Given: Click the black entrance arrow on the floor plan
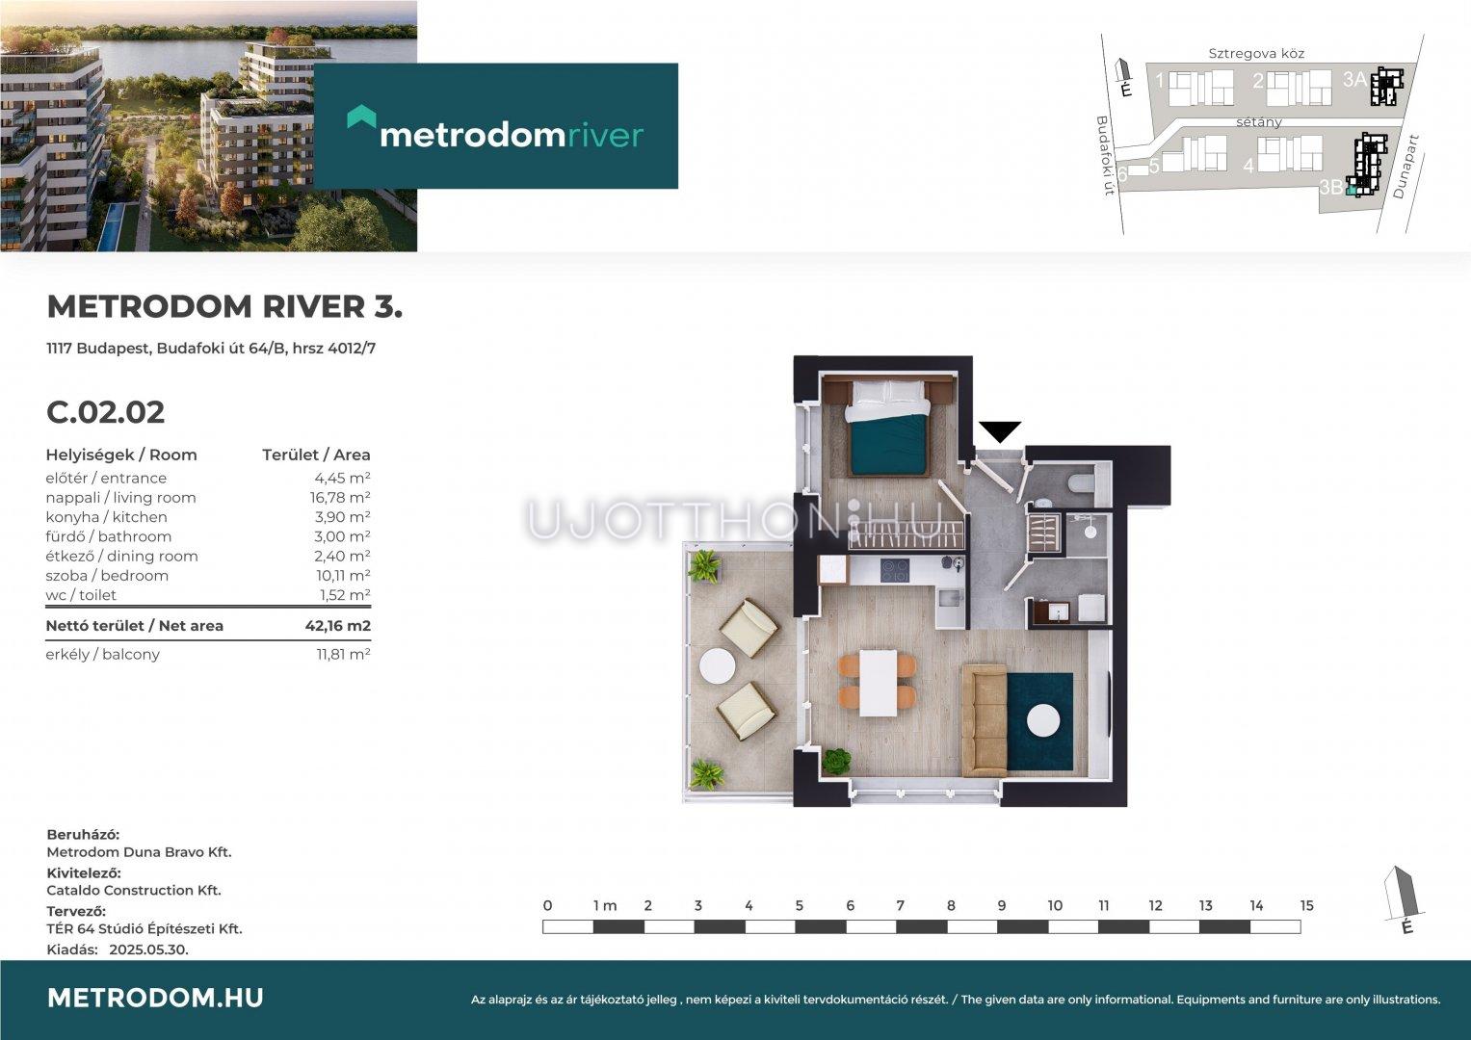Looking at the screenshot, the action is (x=1000, y=431).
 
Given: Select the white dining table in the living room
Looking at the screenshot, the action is (x=878, y=683).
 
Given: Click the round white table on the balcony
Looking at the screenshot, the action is (x=717, y=666).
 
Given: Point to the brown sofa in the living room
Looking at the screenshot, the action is (x=984, y=720).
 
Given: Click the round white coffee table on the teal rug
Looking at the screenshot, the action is (x=1043, y=722).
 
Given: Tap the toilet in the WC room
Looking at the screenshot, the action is (x=1080, y=484).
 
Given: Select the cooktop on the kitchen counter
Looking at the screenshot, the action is (x=894, y=570).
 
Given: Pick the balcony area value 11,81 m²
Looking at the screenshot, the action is (x=344, y=654).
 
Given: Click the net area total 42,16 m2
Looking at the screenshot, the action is (x=337, y=626).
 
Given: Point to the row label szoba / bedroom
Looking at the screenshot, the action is (x=107, y=576).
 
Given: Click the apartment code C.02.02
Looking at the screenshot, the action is (x=106, y=412).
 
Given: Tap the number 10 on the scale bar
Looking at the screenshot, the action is (x=1055, y=906).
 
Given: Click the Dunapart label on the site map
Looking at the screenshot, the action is (x=1406, y=167).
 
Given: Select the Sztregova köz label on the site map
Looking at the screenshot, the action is (x=1256, y=54).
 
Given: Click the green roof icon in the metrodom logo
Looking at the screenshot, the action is (x=361, y=117).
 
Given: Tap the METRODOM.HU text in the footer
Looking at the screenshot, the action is (x=156, y=998).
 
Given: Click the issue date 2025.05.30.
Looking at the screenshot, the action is (x=148, y=949).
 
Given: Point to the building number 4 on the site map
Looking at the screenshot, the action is (x=1248, y=166).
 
